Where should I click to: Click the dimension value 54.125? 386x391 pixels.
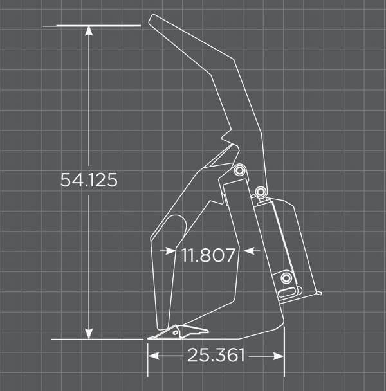coord(89,180)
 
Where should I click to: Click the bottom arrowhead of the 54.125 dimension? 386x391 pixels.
coord(89,333)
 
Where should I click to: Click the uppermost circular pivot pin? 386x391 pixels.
coord(240,170)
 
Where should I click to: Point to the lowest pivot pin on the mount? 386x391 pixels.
coord(286,278)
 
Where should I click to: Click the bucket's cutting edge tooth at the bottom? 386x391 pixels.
coord(177,333)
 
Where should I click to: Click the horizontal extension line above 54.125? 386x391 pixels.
coord(96,26)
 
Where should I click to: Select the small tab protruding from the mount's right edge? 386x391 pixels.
coord(318,294)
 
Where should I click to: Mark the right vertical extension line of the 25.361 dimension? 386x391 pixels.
coord(284,354)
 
